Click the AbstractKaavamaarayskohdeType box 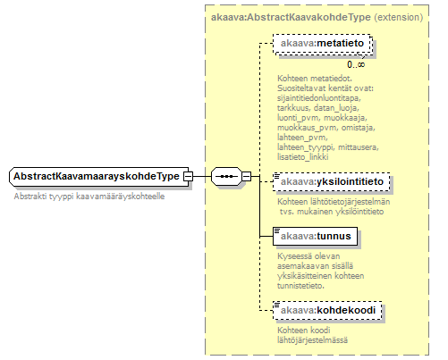pyautogui.click(x=99, y=177)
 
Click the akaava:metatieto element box pyautogui.click(x=322, y=44)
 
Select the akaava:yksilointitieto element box pyautogui.click(x=332, y=181)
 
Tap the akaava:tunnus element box pyautogui.click(x=315, y=237)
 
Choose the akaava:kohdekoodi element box pyautogui.click(x=327, y=311)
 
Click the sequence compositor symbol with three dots pyautogui.click(x=226, y=177)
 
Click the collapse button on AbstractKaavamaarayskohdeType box pyautogui.click(x=189, y=177)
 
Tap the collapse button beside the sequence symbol pyautogui.click(x=247, y=177)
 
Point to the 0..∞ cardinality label pyautogui.click(x=356, y=64)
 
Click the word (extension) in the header pyautogui.click(x=399, y=17)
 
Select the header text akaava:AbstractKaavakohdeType pyautogui.click(x=291, y=17)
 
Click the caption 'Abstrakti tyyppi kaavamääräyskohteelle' pyautogui.click(x=89, y=197)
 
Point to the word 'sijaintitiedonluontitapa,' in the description pyautogui.click(x=319, y=98)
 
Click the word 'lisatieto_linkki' pyautogui.click(x=303, y=157)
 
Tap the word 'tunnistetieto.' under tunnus pyautogui.click(x=300, y=286)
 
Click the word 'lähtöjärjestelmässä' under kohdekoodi pyautogui.click(x=312, y=340)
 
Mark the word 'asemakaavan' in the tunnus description pyautogui.click(x=298, y=266)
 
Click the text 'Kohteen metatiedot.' pyautogui.click(x=315, y=79)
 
